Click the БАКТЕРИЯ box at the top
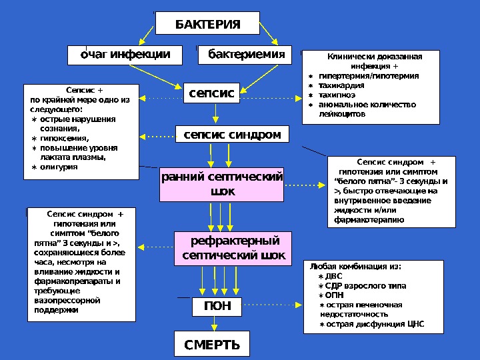tap(207, 25)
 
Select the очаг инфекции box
tap(126, 54)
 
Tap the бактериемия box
tap(245, 54)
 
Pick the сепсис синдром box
tap(232, 135)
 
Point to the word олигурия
tap(59, 167)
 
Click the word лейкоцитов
tap(343, 114)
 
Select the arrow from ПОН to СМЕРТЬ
tap(214, 323)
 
